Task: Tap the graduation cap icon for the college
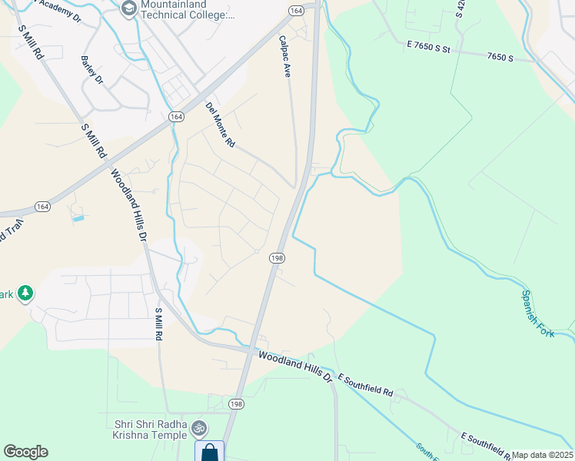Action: pos(128,7)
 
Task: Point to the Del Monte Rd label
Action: pos(219,125)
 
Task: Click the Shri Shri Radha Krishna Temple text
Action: pos(151,429)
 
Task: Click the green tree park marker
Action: pos(25,293)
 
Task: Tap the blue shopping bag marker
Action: pos(209,451)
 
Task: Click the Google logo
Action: pos(25,452)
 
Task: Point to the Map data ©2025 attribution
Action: pos(543,455)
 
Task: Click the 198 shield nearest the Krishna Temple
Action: pos(235,403)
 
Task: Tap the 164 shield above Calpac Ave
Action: pos(295,10)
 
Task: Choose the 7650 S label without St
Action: pos(500,57)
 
